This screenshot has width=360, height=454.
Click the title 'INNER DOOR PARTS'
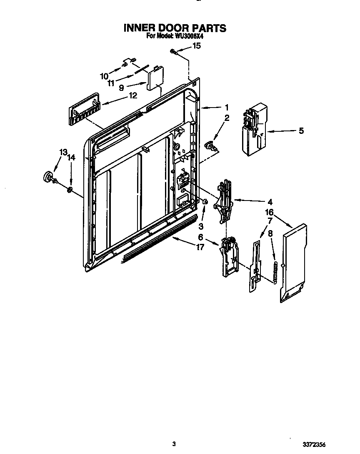click(175, 28)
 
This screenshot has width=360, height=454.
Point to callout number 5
click(301, 131)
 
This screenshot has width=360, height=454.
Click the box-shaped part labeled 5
click(253, 129)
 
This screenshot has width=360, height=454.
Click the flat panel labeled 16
click(295, 262)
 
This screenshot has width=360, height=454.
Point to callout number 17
click(200, 247)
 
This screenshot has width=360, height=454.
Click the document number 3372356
click(325, 444)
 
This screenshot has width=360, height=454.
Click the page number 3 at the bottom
click(174, 444)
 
